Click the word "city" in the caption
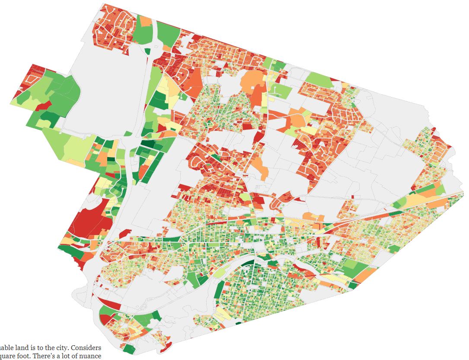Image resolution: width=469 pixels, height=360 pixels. pos(56,348)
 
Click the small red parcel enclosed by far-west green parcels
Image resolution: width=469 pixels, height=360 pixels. pos(45,104)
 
